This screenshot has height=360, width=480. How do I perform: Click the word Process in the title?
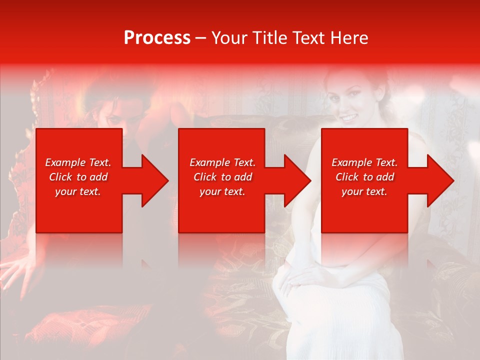point(157,38)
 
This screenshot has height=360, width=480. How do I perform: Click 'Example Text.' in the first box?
point(78,162)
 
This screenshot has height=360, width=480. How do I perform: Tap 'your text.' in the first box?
point(78,191)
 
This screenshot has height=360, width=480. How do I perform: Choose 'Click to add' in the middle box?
point(222,177)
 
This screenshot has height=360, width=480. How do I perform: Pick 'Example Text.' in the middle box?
point(222,162)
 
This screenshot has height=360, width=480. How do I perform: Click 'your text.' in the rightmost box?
point(364,191)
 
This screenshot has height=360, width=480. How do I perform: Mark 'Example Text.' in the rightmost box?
point(364,162)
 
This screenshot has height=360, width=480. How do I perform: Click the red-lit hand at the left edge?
point(17,272)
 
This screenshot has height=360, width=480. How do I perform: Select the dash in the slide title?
point(201,38)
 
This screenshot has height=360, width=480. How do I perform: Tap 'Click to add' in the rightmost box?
point(364,177)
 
